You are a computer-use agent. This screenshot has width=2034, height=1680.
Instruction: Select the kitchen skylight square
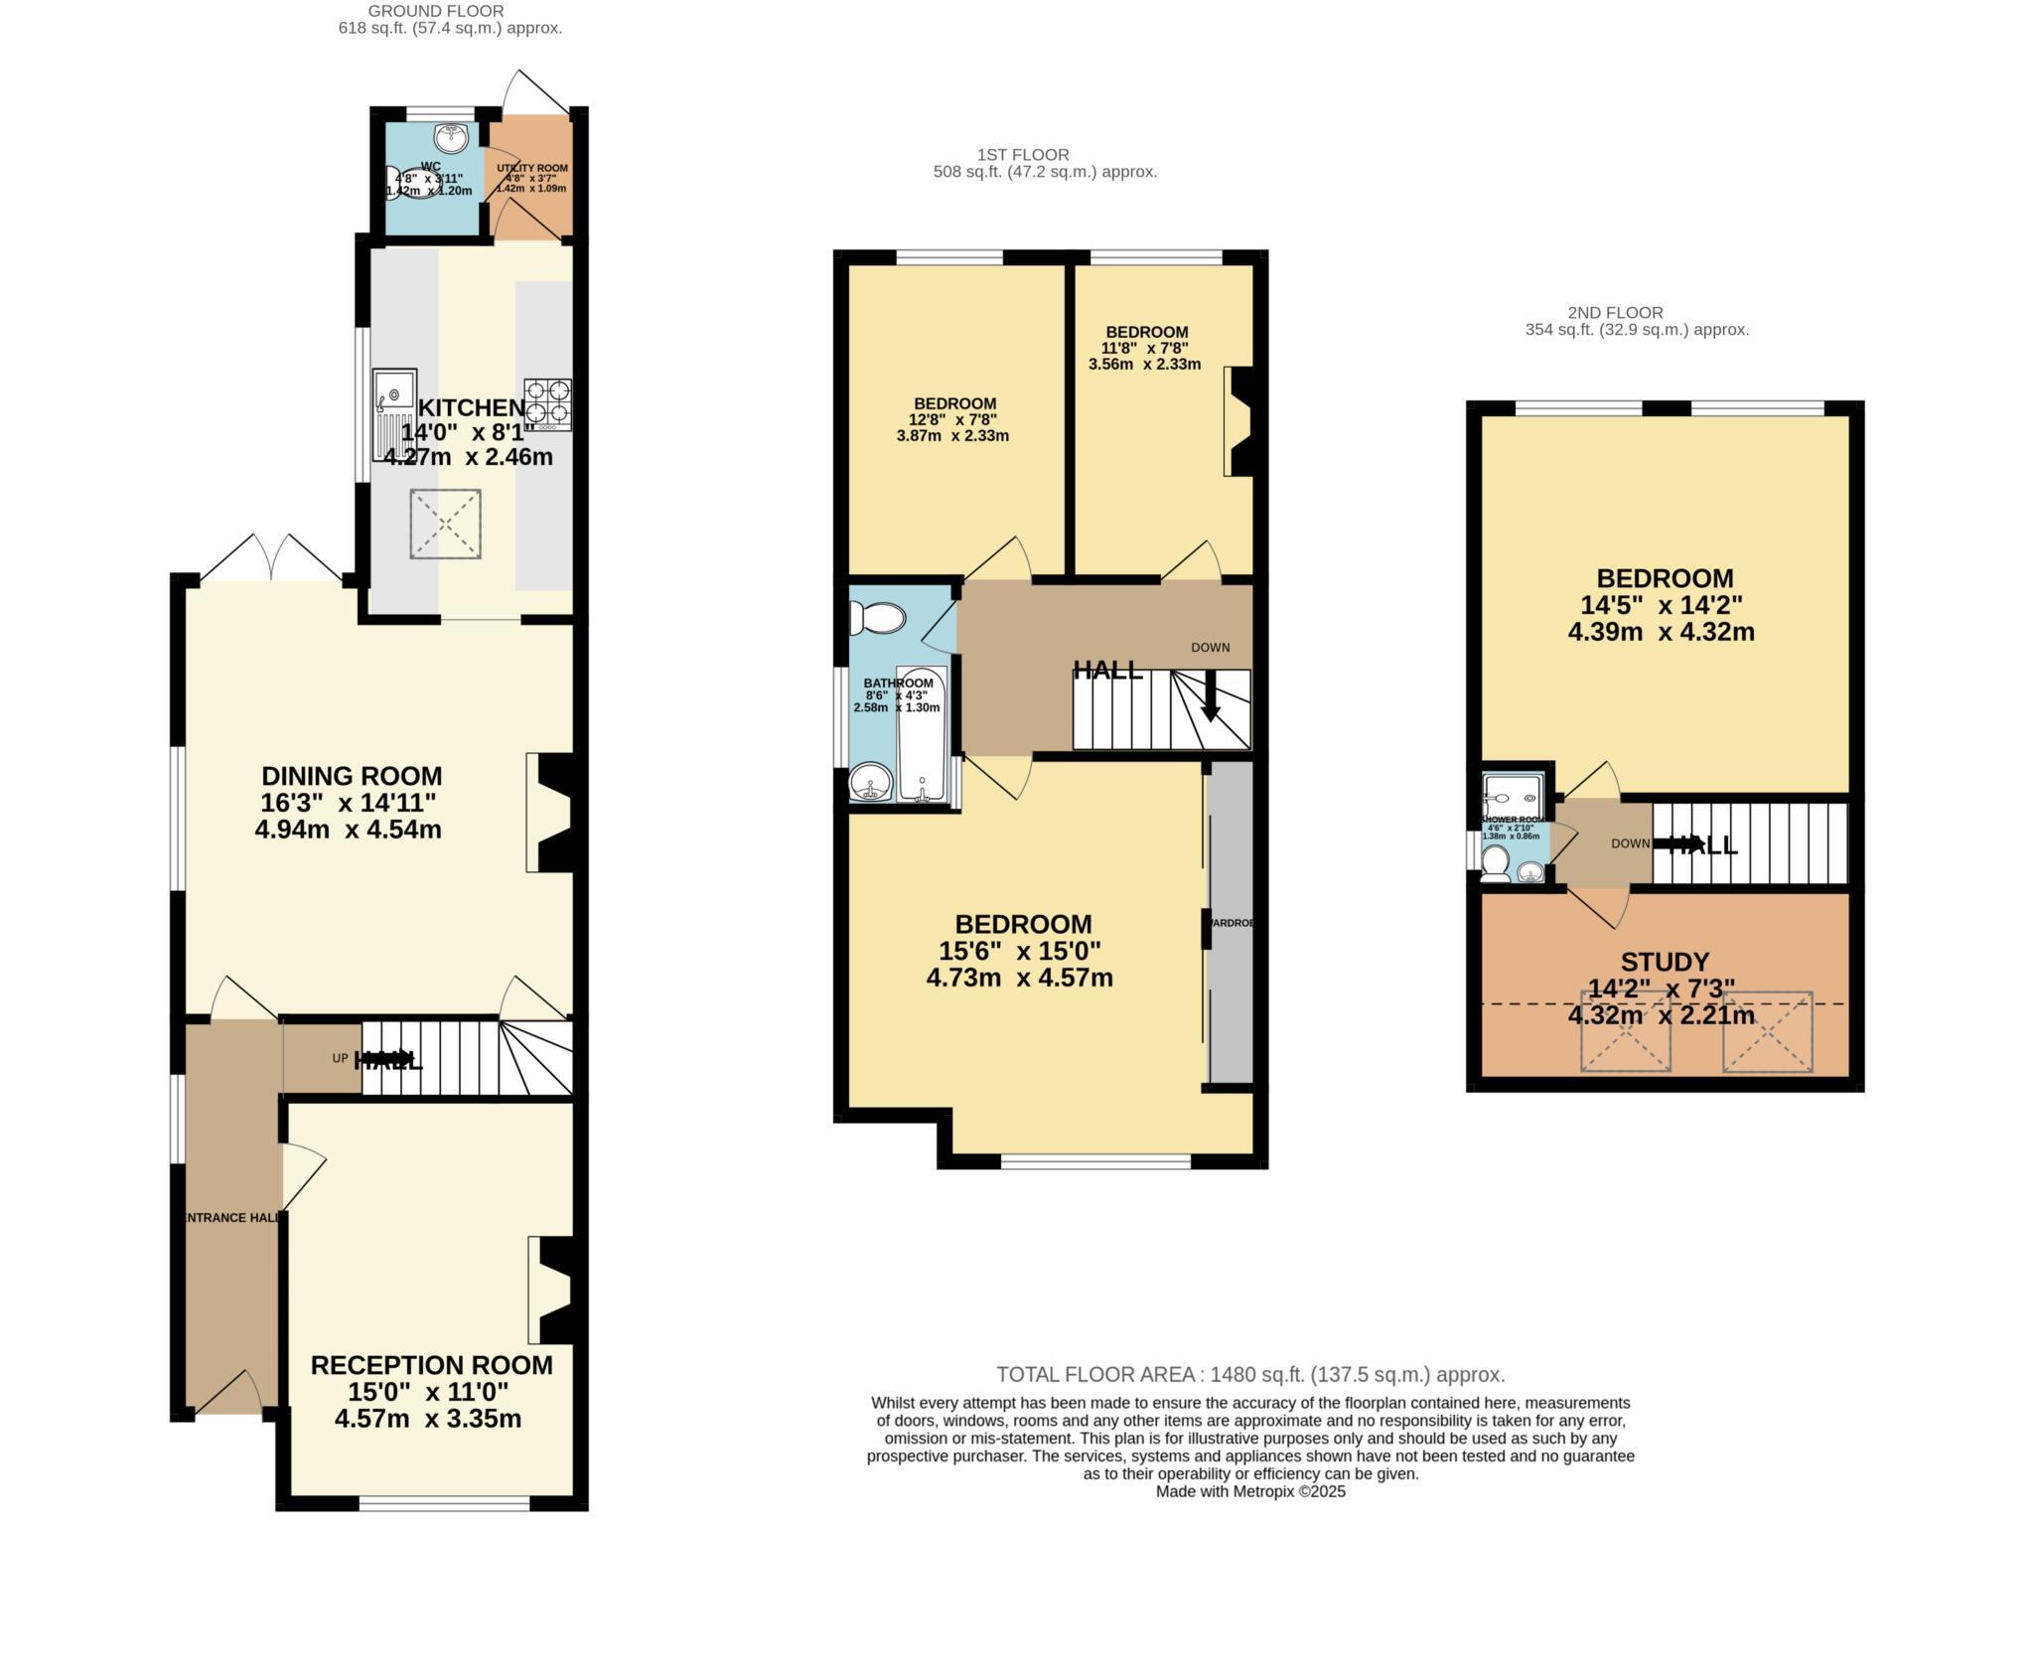[x=446, y=524]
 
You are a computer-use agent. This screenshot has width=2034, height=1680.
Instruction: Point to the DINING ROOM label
[x=352, y=776]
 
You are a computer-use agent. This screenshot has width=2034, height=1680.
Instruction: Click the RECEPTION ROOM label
[x=431, y=1365]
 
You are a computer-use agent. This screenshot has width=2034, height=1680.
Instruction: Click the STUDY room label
[x=1665, y=962]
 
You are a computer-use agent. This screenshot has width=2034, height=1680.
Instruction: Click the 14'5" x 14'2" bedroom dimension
[x=1661, y=605]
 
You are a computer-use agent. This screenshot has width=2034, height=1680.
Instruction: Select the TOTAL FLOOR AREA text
[x=1250, y=1375]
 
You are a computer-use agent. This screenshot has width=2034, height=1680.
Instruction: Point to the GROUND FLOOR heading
[x=436, y=11]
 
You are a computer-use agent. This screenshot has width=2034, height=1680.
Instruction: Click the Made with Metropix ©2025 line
[x=1250, y=1491]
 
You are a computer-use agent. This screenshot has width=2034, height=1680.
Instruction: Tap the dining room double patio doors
[x=270, y=559]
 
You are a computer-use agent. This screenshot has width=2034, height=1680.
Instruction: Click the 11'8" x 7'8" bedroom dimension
[x=1145, y=348]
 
